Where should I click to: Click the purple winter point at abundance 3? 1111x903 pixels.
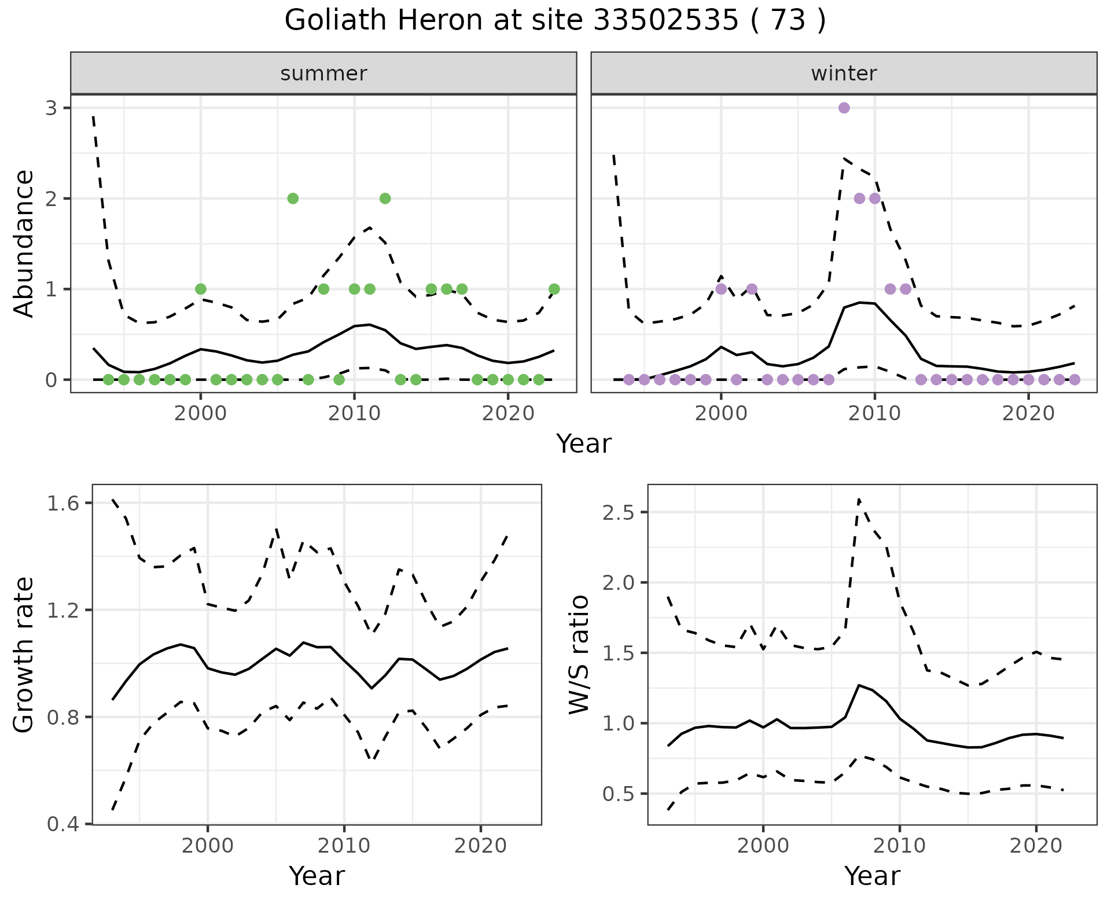click(x=844, y=108)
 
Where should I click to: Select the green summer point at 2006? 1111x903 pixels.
click(x=293, y=199)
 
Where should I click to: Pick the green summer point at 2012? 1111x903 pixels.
click(x=385, y=199)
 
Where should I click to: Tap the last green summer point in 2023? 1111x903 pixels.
click(x=554, y=289)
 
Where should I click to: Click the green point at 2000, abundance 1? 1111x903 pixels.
click(x=201, y=289)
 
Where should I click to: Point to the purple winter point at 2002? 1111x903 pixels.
click(x=752, y=289)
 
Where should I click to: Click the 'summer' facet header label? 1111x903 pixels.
click(x=323, y=74)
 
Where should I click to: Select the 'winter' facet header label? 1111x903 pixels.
click(x=844, y=74)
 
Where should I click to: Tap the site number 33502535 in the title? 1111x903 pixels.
click(x=665, y=21)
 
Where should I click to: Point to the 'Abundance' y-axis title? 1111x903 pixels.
click(x=24, y=243)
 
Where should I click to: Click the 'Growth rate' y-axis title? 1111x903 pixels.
click(x=24, y=655)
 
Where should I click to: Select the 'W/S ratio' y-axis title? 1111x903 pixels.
click(x=579, y=655)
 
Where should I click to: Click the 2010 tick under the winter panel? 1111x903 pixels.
click(x=874, y=414)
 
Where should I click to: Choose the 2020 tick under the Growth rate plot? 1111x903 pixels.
click(x=480, y=846)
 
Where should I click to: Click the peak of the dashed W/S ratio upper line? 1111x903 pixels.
click(x=859, y=499)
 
